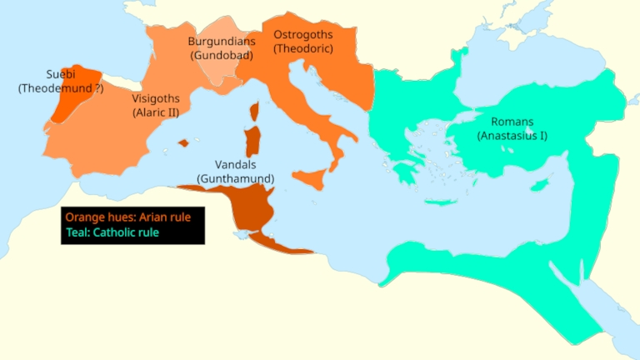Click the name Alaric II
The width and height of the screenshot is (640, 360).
[156, 112]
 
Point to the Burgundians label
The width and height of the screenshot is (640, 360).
[221, 41]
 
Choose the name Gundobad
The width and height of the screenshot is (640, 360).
[221, 55]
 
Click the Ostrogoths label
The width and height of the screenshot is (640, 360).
[303, 35]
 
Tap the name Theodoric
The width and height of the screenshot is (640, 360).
[303, 49]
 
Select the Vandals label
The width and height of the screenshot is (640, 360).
[235, 164]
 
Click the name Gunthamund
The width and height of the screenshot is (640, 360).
[235, 178]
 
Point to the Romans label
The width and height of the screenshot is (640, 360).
[512, 122]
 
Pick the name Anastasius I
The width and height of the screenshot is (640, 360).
[512, 136]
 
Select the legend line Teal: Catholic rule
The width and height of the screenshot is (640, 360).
[112, 232]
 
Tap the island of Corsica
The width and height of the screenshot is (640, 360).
[254, 112]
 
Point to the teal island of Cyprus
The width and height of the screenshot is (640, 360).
[542, 183]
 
